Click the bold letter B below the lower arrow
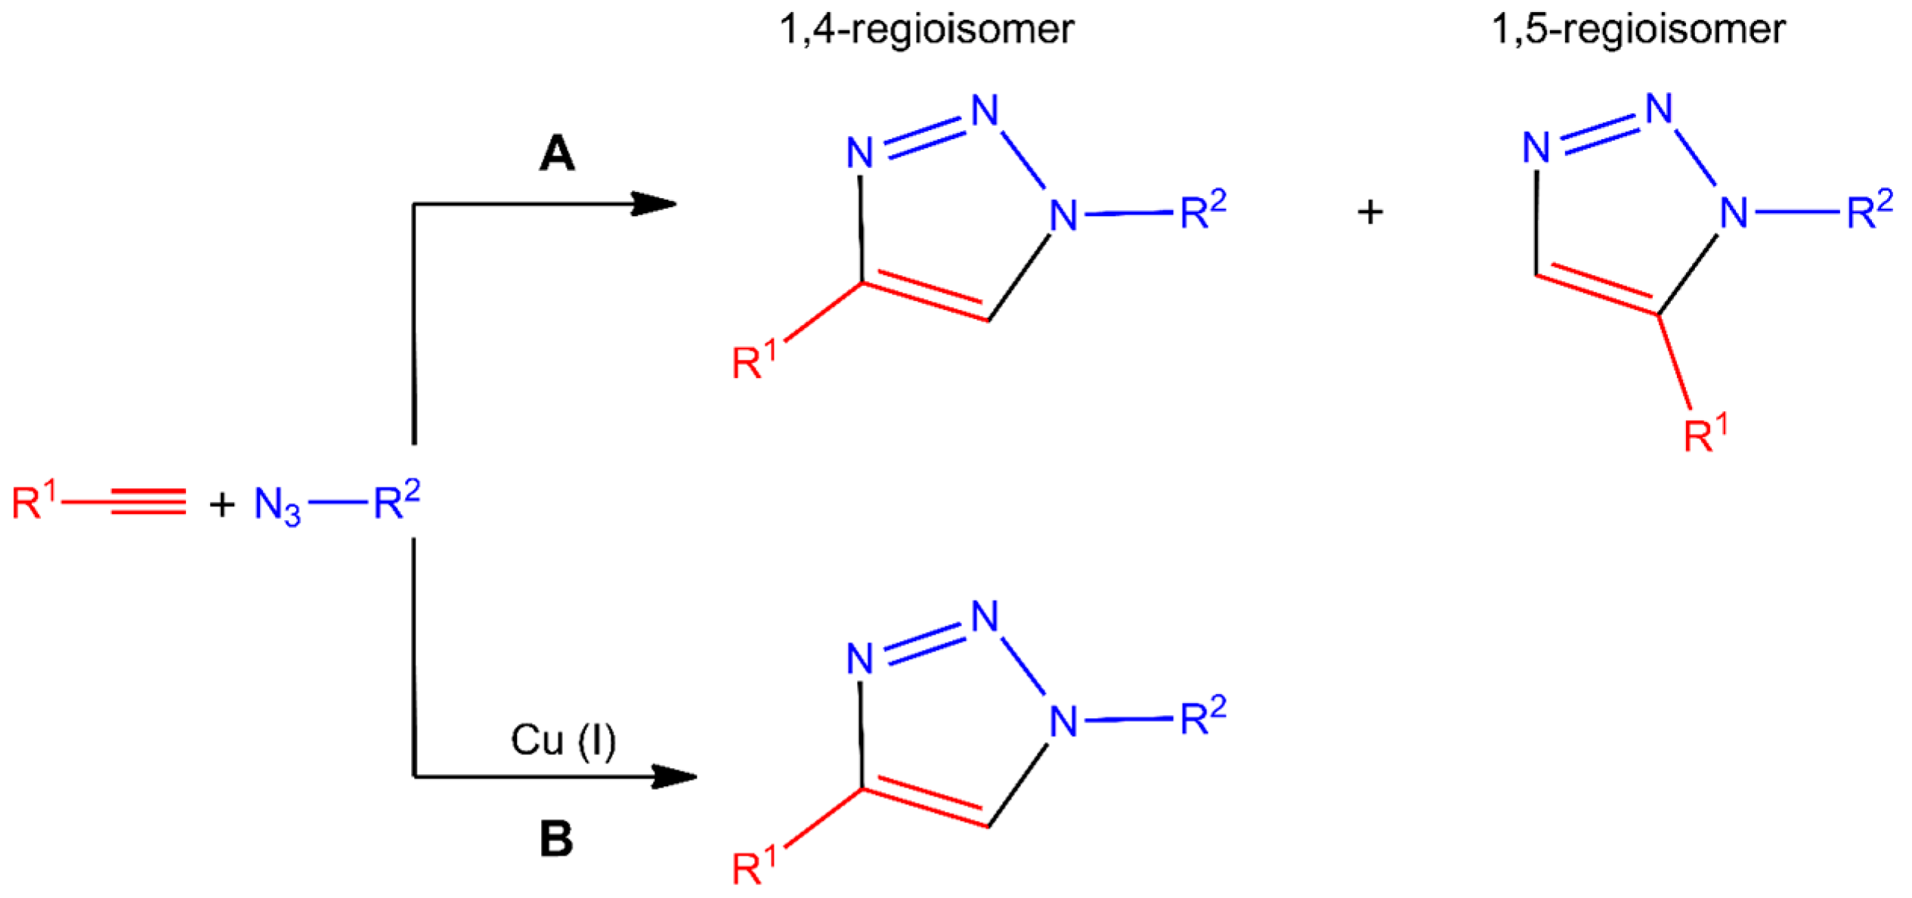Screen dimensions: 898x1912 point(557,839)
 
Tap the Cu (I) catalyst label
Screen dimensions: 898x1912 point(563,741)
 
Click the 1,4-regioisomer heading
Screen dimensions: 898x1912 point(927,30)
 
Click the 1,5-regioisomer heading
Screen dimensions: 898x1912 point(1638,30)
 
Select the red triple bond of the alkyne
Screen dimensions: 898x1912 point(148,502)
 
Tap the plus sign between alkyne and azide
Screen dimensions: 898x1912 point(222,504)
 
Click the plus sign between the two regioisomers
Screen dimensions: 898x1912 point(1370,212)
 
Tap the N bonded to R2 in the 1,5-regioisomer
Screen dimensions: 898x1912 point(1734,214)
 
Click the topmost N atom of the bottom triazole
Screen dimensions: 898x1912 point(985,616)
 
